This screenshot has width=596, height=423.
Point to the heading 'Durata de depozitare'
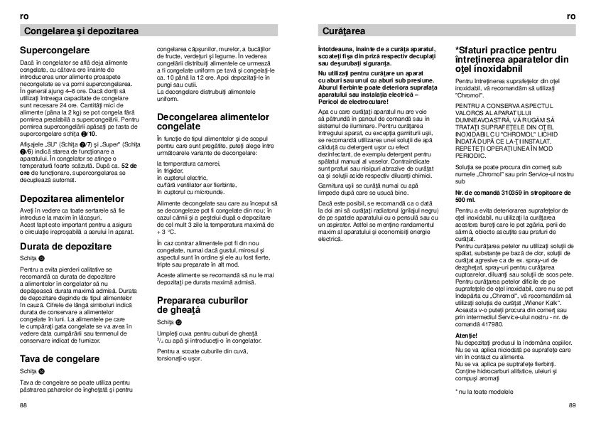coord(66,246)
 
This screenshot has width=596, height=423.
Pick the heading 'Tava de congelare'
coord(59,359)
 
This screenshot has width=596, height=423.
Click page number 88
coord(24,404)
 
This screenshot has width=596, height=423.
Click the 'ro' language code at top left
coord(23,16)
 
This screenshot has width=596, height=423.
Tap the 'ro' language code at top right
coord(572,16)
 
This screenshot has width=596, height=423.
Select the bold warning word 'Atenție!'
coord(467,335)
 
